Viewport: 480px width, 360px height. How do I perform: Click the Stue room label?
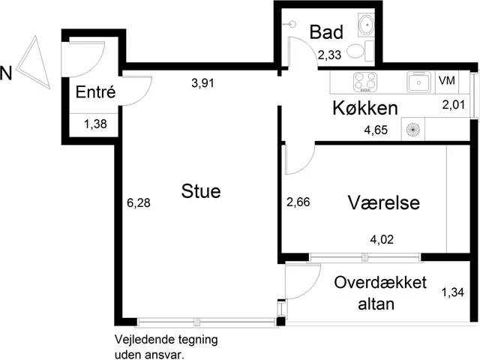201,191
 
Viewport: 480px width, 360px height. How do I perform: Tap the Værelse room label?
383,202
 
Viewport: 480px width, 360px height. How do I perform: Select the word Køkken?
365,108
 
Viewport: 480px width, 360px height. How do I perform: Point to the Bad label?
326,32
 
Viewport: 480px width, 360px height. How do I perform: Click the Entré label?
95,91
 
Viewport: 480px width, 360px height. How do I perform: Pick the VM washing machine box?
447,82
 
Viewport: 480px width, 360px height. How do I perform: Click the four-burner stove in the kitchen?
365,82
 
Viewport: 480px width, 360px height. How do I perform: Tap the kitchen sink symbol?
418,82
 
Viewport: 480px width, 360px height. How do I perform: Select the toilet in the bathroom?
361,51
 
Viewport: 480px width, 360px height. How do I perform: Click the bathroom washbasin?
366,24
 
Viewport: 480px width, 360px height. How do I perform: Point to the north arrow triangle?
34,62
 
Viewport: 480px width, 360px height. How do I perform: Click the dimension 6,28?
139,202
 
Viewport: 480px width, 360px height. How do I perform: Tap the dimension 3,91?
202,82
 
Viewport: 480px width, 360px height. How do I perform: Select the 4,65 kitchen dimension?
376,130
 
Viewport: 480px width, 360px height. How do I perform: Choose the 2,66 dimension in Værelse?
298,202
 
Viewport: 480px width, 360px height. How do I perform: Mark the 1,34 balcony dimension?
452,292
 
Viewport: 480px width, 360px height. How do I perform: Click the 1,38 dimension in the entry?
95,124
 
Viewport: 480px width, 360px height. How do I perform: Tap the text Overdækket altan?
380,293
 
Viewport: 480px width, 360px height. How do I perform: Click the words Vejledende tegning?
166,340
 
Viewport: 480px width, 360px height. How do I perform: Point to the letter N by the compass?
6,73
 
